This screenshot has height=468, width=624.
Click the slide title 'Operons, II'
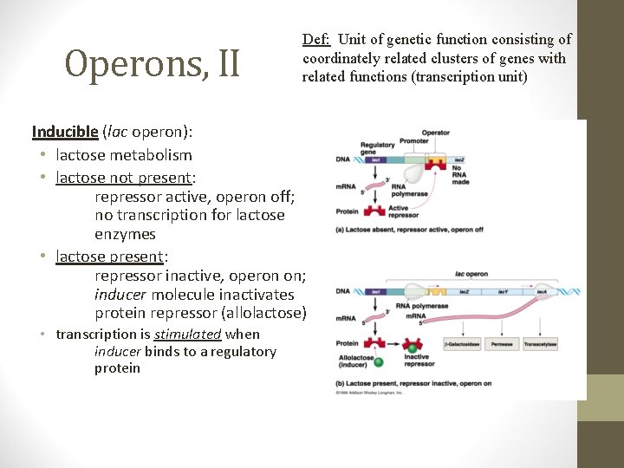[x=153, y=62]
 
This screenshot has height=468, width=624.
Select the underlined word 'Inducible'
[x=65, y=132]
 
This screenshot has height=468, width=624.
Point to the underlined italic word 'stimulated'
[x=188, y=335]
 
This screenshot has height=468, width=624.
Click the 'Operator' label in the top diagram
[x=435, y=133]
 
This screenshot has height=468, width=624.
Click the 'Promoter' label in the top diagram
[x=414, y=140]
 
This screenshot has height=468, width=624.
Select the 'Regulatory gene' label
[x=378, y=148]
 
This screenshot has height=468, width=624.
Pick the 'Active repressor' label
[x=404, y=211]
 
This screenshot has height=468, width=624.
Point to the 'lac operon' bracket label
[x=471, y=274]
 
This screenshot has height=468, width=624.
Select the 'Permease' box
[x=501, y=344]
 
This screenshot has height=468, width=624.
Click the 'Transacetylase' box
[x=539, y=344]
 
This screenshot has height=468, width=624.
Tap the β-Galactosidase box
[x=461, y=344]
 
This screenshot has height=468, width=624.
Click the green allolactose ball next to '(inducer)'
[x=379, y=360]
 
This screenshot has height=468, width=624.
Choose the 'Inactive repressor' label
[x=417, y=360]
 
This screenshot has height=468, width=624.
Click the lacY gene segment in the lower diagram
[x=502, y=292]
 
